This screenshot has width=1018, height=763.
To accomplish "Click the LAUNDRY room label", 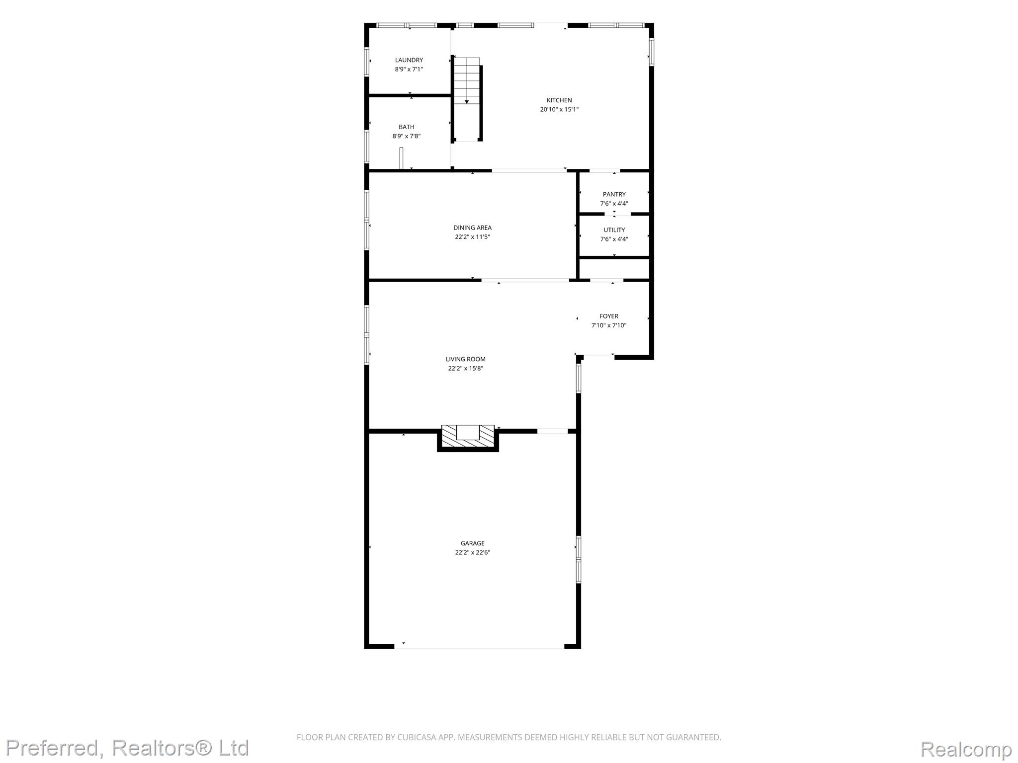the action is pyautogui.click(x=409, y=60).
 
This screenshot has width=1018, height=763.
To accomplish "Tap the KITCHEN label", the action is pyautogui.click(x=559, y=100).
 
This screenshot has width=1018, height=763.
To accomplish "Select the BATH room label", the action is pyautogui.click(x=407, y=127).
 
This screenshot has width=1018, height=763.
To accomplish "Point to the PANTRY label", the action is pyautogui.click(x=614, y=194).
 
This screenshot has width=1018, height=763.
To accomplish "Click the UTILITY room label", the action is pyautogui.click(x=614, y=230).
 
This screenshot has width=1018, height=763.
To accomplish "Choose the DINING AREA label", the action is pyautogui.click(x=472, y=228).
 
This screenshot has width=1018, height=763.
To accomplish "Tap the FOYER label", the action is pyautogui.click(x=609, y=316).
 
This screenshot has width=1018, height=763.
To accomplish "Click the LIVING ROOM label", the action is pyautogui.click(x=466, y=359).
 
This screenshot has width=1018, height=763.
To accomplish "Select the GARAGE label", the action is pyautogui.click(x=472, y=543).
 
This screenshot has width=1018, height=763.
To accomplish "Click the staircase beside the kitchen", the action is pyautogui.click(x=467, y=99).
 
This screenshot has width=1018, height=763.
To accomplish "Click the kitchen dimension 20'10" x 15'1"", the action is pyautogui.click(x=559, y=110).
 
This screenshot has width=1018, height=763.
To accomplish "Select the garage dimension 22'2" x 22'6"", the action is pyautogui.click(x=472, y=552).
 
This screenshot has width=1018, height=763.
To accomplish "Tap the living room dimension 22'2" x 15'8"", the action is pyautogui.click(x=466, y=369).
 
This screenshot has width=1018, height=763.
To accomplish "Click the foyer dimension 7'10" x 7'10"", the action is pyautogui.click(x=609, y=325).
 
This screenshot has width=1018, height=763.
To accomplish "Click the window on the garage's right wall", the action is pyautogui.click(x=579, y=559).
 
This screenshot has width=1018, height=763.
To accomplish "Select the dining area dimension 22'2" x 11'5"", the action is pyautogui.click(x=472, y=237).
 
